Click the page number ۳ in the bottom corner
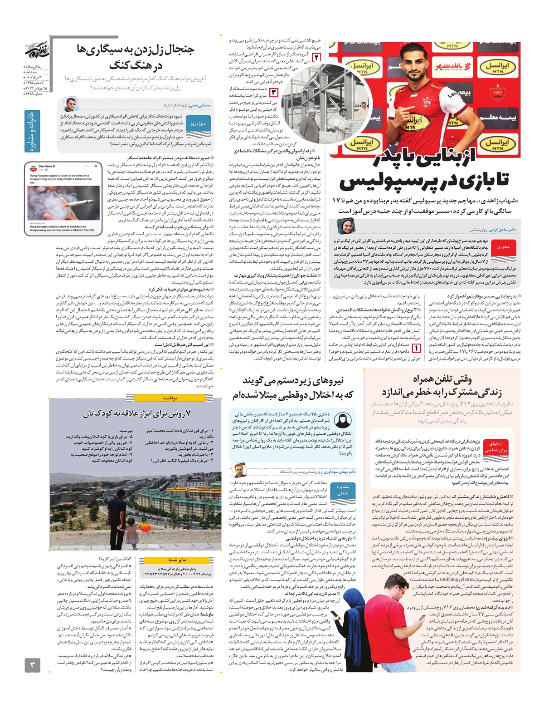(32, 665)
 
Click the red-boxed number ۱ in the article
(416, 349)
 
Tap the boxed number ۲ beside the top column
(317, 58)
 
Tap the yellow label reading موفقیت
(170, 398)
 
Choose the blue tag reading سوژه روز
(199, 124)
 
